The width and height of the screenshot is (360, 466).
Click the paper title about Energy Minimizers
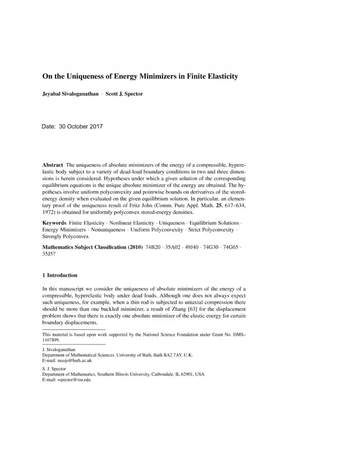tap(140, 76)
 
